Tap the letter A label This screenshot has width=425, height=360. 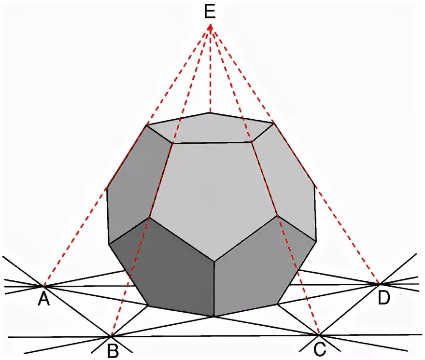[x=44, y=300]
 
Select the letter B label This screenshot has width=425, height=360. [x=113, y=351]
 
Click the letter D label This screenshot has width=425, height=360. [x=383, y=299]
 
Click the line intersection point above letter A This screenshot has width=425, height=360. [x=44, y=286]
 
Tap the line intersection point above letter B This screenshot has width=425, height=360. [x=112, y=335]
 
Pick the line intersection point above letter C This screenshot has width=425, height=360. [x=319, y=334]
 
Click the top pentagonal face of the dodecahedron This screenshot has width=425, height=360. [x=211, y=128]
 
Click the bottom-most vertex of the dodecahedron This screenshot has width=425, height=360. [x=214, y=317]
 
